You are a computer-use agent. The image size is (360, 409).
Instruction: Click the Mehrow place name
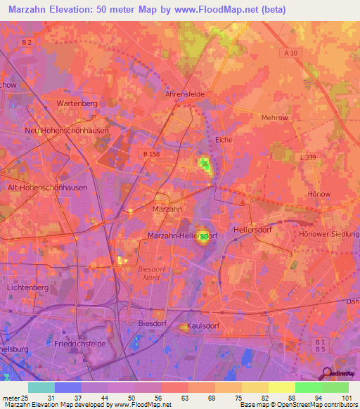click(274, 118)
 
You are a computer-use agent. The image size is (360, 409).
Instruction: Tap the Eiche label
click(224, 140)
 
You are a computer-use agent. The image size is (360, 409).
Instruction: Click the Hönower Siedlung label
click(329, 233)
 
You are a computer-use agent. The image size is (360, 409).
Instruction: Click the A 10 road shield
click(290, 53)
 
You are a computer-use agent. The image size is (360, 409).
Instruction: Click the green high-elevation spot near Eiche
click(205, 166)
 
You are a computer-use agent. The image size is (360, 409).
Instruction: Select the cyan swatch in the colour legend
click(41, 387)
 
